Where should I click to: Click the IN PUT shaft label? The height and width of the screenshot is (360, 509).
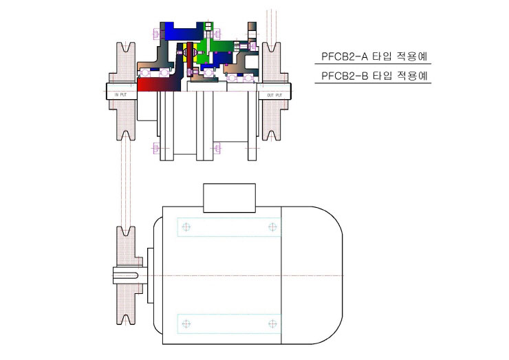coord(121,95)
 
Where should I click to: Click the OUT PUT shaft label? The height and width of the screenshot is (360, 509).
coord(274,95)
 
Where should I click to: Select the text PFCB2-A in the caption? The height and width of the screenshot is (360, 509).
coord(345,56)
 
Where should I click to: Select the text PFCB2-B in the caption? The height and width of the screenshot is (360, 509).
coord(345,76)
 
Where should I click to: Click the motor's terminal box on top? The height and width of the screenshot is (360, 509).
coord(229,198)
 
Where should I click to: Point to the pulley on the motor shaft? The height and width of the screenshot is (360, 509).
coord(127,275)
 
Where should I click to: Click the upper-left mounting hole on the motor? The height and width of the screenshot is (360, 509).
coord(186,226)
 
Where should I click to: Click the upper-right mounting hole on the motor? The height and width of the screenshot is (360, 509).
coord(272,226)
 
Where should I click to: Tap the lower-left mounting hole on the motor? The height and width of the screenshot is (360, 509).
coord(186,324)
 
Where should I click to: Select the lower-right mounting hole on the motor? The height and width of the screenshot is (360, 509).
coord(272,324)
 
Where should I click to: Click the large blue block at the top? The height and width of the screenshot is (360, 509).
coord(184,32)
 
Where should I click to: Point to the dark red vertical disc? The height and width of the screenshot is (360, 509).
coord(190,59)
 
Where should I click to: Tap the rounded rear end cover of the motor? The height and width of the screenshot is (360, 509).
coord(312,275)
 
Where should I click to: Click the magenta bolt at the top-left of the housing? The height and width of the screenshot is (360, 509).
coord(156,34)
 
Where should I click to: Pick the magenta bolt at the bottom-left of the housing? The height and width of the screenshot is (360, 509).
coord(156,148)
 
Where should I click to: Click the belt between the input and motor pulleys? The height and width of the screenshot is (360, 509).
coord(126,184)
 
